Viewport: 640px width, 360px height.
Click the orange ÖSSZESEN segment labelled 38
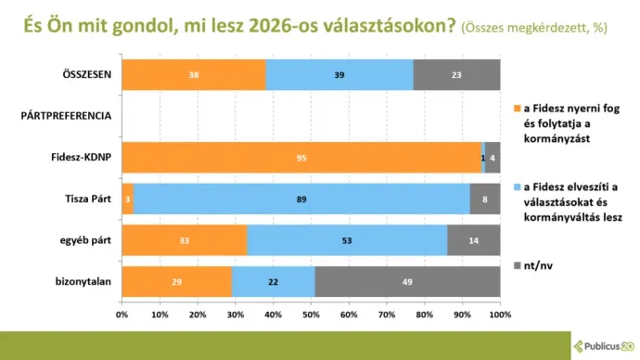coord(193,74)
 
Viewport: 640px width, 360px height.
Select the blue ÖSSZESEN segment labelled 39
coord(339,74)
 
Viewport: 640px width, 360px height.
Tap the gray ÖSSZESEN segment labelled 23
coord(456,74)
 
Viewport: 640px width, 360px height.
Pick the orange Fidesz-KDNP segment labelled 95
coord(301,158)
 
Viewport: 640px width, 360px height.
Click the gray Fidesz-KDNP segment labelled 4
coord(493,158)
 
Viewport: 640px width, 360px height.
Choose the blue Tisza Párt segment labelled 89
coord(301,199)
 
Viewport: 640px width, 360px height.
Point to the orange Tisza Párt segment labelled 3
coord(127,199)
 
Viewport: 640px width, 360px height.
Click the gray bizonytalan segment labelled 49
coord(407,282)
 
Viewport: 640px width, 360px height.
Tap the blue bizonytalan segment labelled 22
coord(273,282)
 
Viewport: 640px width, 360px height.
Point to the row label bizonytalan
coord(85,282)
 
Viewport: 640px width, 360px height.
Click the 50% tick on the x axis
coord(311,315)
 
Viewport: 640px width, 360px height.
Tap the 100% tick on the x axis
coord(499,315)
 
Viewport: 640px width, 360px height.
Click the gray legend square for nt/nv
coord(516,267)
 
